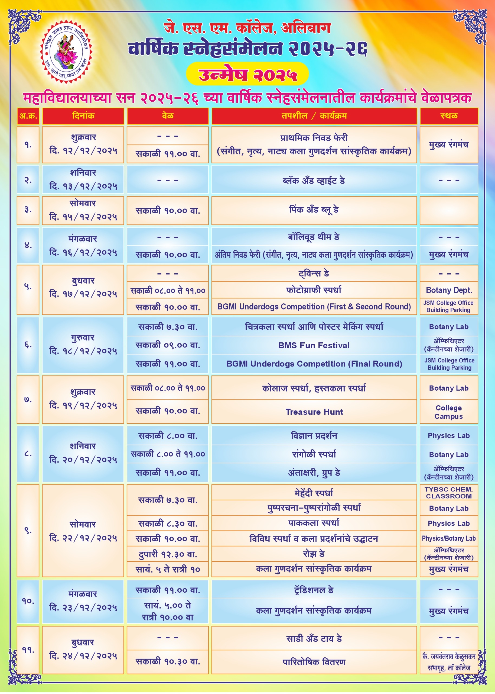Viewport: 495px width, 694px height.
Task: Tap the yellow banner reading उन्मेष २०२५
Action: click(247, 74)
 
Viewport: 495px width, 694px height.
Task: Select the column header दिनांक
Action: click(83, 116)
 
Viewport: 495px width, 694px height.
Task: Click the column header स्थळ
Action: click(449, 116)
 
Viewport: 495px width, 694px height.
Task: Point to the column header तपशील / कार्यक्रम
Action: click(314, 116)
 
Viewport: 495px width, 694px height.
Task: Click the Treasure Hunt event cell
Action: click(314, 412)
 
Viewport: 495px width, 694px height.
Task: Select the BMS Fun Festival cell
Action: click(314, 345)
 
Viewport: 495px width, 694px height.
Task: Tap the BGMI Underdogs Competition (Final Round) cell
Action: click(314, 364)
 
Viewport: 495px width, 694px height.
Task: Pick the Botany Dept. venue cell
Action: click(449, 290)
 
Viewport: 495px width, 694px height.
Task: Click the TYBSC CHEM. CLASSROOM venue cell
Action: click(449, 493)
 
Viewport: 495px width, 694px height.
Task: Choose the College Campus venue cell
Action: click(449, 412)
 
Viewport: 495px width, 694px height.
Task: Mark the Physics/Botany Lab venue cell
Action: click(449, 538)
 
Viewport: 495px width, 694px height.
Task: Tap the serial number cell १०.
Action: click(28, 601)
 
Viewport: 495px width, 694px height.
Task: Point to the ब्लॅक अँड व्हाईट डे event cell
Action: click(314, 180)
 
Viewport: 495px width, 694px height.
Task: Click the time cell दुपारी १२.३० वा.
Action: click(168, 554)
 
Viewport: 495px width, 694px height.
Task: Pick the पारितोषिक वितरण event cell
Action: click(314, 662)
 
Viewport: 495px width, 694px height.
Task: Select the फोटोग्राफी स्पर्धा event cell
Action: click(314, 290)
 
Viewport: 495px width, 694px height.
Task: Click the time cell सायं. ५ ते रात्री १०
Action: click(168, 569)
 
